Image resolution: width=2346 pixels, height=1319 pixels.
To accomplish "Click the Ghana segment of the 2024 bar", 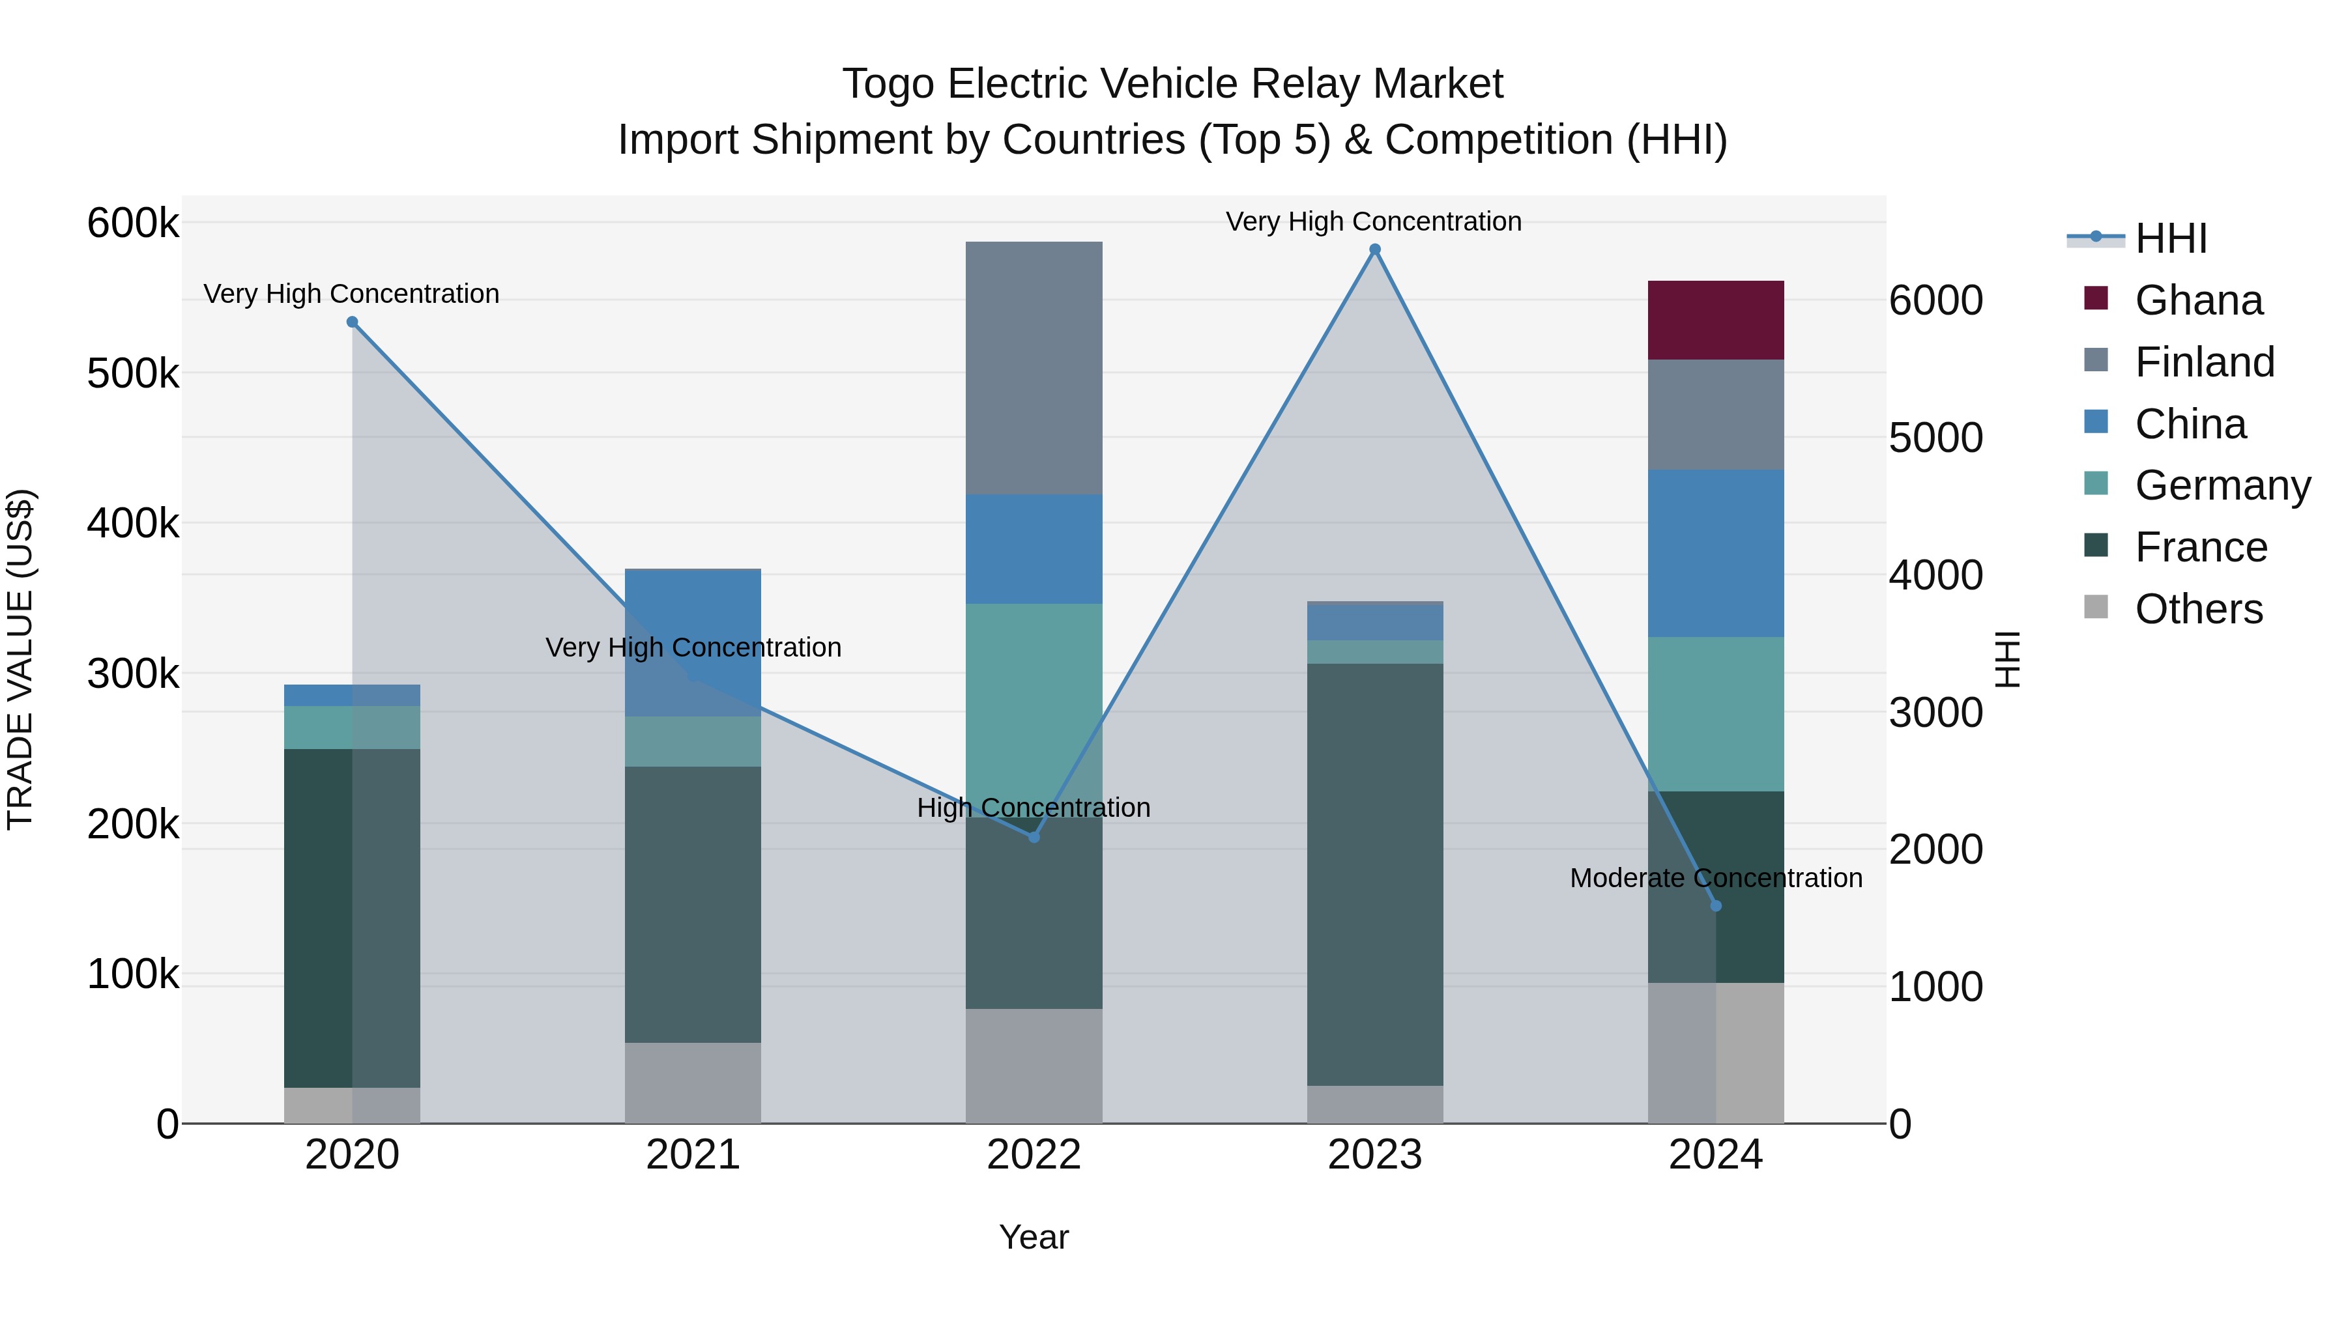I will [x=1715, y=320].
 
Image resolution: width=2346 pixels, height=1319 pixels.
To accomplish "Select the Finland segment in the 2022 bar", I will [x=1034, y=368].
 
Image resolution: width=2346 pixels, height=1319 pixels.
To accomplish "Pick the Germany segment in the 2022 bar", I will [x=1034, y=710].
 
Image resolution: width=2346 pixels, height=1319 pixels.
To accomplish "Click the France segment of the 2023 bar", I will [x=1374, y=874].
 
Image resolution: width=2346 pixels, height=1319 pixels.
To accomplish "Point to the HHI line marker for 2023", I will [x=1375, y=249].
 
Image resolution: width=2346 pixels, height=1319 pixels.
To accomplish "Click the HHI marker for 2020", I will [x=353, y=322].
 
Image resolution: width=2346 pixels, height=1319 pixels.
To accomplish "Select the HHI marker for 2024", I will [x=1716, y=906].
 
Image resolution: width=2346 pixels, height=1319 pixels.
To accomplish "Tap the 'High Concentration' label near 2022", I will [x=1034, y=808].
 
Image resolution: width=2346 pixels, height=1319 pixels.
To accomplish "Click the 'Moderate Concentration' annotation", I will [x=1716, y=877].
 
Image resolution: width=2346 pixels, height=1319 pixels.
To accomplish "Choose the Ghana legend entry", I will [x=2197, y=300].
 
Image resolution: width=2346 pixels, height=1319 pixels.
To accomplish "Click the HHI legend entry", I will [x=2170, y=238].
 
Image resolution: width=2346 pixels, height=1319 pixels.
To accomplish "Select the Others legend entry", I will [x=2197, y=609].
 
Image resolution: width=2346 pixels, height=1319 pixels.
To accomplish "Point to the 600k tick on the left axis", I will [x=133, y=223].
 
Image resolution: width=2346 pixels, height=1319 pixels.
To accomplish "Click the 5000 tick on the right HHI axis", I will [x=1935, y=438].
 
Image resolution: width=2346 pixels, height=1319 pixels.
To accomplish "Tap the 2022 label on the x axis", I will [x=1034, y=1155].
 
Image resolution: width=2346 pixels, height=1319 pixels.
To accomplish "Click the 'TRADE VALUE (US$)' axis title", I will [x=21, y=659].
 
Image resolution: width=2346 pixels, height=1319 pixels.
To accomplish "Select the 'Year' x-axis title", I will [x=1034, y=1237].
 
